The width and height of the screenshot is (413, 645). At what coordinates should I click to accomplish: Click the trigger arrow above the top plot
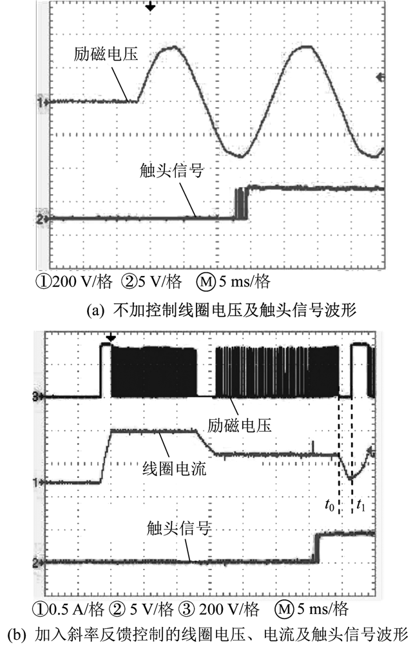click(150, 7)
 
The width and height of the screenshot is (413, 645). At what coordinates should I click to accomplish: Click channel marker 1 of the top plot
click(41, 102)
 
